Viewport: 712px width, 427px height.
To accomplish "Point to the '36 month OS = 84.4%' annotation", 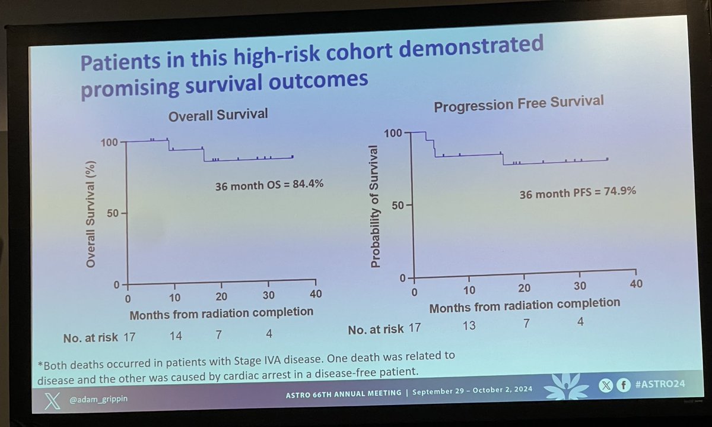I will click(x=269, y=185).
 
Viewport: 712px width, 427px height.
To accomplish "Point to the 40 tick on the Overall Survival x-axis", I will click(x=316, y=295).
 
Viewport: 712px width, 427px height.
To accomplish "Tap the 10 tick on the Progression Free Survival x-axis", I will click(x=469, y=290).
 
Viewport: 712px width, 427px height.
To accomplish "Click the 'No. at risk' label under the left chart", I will click(x=91, y=338).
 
